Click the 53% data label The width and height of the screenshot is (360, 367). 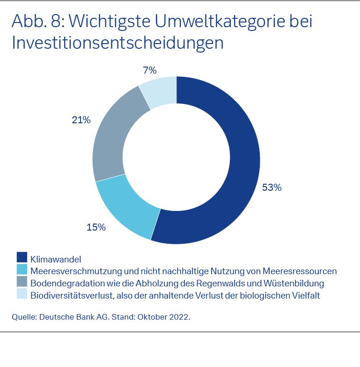click(x=272, y=187)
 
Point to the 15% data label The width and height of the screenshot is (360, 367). click(x=96, y=227)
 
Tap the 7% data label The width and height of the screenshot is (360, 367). click(x=149, y=71)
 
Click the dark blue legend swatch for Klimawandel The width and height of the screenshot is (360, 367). click(x=22, y=257)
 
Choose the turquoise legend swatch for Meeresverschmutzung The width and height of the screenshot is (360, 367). click(x=22, y=270)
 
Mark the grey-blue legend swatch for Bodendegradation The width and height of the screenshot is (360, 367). click(x=22, y=282)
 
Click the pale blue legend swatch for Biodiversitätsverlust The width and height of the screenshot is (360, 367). click(x=22, y=294)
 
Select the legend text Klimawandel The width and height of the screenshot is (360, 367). click(x=56, y=259)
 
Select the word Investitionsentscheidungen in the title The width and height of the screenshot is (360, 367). click(x=118, y=43)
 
